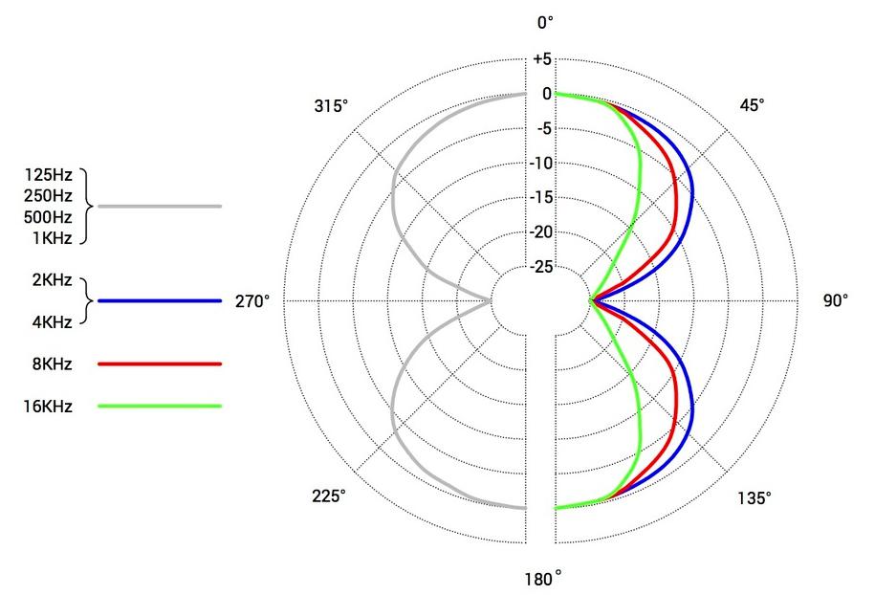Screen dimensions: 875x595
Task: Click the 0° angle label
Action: pos(545,22)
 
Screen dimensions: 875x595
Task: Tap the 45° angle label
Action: pos(753,105)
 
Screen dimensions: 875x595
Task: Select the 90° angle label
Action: pos(836,300)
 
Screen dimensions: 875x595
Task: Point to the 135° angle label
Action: pos(755,497)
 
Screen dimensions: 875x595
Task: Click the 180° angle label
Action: pos(543,580)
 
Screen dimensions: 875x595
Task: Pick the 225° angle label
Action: pos(329,496)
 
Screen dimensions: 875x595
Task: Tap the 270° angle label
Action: pos(252,301)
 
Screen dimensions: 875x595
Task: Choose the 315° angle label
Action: pos(331,106)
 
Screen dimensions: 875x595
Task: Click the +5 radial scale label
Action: pos(542,59)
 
